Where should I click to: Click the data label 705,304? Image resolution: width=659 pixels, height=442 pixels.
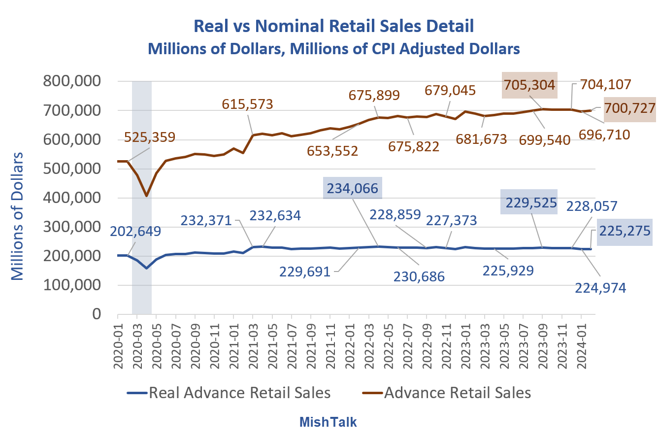pyautogui.click(x=529, y=85)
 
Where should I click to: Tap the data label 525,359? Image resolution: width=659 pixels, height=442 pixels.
pyautogui.click(x=150, y=137)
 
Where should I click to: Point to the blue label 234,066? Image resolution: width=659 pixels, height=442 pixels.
pyautogui.click(x=352, y=188)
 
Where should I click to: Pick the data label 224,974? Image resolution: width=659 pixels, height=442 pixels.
pyautogui.click(x=600, y=288)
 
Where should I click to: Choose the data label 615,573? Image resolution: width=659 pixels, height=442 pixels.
pyautogui.click(x=247, y=104)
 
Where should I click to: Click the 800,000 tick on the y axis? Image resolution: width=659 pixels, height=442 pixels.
pyautogui.click(x=72, y=81)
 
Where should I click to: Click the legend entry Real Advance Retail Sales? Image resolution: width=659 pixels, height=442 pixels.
pyautogui.click(x=239, y=393)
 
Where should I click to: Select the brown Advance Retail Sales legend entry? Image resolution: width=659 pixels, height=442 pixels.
pyautogui.click(x=457, y=393)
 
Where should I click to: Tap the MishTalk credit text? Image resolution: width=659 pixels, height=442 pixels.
pyautogui.click(x=328, y=422)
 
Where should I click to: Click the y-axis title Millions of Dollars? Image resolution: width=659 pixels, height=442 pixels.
pyautogui.click(x=18, y=217)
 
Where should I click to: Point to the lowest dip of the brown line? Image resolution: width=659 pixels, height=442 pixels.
pyautogui.click(x=146, y=196)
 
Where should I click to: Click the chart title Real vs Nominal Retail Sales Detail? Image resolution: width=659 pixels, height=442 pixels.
pyautogui.click(x=334, y=26)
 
